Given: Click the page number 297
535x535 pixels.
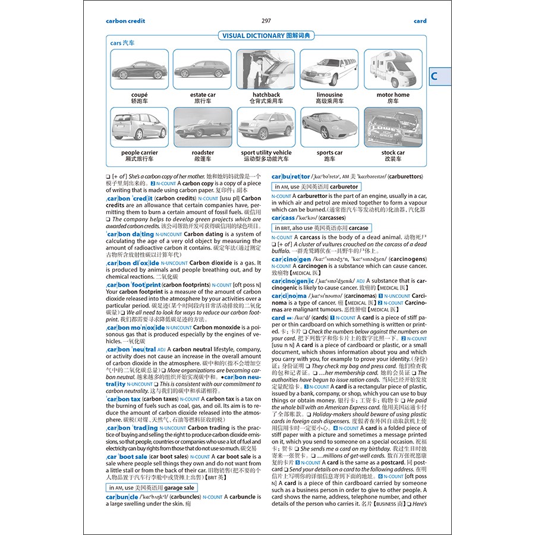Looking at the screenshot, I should (266, 21).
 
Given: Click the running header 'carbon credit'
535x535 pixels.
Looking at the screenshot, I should (125, 21).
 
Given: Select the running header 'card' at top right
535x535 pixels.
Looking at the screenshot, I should (420, 21).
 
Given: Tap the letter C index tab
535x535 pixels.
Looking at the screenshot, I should (435, 75).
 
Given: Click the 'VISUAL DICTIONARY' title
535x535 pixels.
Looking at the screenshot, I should (266, 36).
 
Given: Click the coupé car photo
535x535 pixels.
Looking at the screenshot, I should (139, 69).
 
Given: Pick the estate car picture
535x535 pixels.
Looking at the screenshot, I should (203, 69).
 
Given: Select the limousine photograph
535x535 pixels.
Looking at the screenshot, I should (329, 69).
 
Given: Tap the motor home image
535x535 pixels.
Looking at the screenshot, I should (393, 69).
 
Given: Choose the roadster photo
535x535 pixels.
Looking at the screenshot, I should (203, 127).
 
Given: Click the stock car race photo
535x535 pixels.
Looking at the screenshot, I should (393, 127).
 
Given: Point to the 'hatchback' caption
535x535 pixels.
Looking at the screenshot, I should (266, 95).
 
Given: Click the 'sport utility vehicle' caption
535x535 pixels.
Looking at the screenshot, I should (266, 153).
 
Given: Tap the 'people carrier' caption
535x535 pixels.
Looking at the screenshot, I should (139, 153).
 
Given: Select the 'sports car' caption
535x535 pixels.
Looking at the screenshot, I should (329, 153).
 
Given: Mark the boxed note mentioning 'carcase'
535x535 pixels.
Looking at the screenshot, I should (322, 228).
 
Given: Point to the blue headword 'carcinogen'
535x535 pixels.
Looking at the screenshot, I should (291, 259).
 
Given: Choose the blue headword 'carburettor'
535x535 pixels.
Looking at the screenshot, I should (291, 177).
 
